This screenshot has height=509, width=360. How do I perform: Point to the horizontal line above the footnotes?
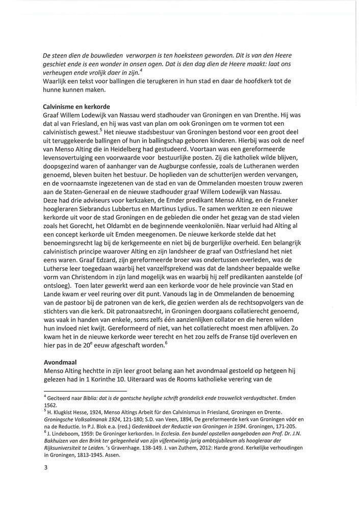point(82,390)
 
